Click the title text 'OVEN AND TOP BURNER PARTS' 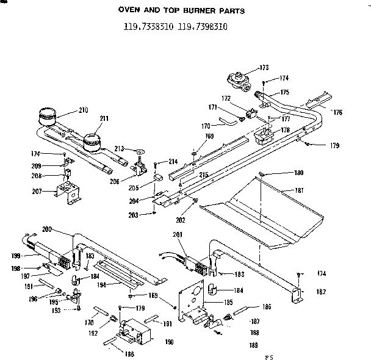[x=185, y=10]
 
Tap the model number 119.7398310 [x=203, y=26]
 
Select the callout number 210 [x=83, y=110]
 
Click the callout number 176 [x=337, y=112]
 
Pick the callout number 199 [x=15, y=256]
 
